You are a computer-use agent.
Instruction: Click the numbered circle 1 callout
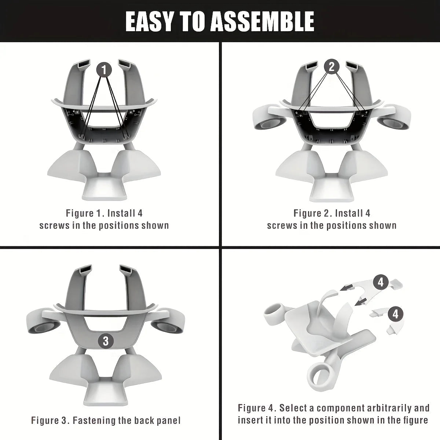104,69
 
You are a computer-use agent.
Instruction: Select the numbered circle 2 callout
331,66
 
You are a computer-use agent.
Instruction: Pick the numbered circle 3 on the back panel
106,341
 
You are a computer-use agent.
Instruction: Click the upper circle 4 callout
381,282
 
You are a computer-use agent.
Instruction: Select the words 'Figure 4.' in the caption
257,408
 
